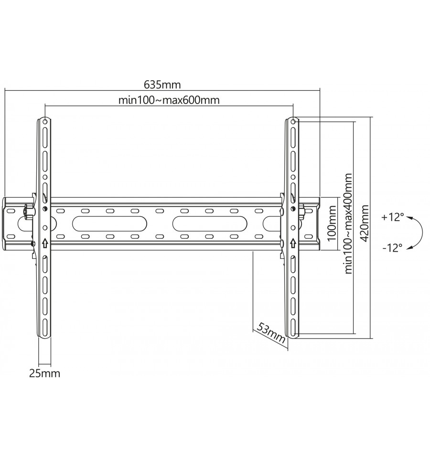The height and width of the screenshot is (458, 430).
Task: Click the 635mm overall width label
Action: pyautogui.click(x=162, y=85)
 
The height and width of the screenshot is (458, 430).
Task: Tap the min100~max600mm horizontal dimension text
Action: pyautogui.click(x=169, y=100)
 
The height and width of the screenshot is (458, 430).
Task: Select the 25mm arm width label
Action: pyautogui.click(x=44, y=373)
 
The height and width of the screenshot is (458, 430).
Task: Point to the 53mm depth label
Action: pyautogui.click(x=271, y=333)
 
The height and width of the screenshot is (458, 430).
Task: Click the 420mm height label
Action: pyautogui.click(x=364, y=224)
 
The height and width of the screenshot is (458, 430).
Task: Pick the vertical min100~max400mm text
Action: pyautogui.click(x=348, y=224)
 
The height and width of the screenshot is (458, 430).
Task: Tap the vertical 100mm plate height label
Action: pyautogui.click(x=332, y=224)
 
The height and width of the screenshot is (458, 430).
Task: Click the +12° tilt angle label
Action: pyautogui.click(x=393, y=217)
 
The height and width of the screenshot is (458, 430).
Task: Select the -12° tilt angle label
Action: pyautogui.click(x=392, y=248)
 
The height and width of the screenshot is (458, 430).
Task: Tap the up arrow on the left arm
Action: pyautogui.click(x=45, y=243)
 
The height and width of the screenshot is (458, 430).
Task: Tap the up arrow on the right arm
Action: pyautogui.click(x=293, y=243)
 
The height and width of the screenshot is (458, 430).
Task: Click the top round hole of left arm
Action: pyautogui.click(x=45, y=121)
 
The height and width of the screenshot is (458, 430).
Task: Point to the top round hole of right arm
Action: pyautogui.click(x=293, y=121)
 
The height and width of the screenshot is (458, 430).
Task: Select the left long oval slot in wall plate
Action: pyautogui.click(x=109, y=224)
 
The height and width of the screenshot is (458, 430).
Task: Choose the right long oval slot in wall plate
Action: pyautogui.click(x=209, y=224)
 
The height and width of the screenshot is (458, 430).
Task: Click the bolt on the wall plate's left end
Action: pyautogui.click(x=29, y=212)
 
